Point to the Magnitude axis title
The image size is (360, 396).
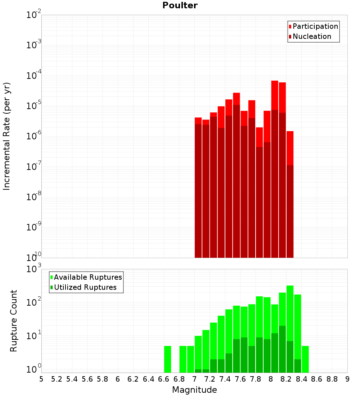click(194, 390)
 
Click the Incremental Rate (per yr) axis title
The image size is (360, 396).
click(7, 136)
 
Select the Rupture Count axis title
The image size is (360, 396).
click(14, 320)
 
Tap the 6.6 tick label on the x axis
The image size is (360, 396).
click(164, 379)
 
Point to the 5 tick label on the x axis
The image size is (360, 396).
click(41, 379)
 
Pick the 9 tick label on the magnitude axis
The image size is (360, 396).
click(347, 379)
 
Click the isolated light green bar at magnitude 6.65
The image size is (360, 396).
click(167, 359)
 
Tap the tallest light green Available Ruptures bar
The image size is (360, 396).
click(290, 310)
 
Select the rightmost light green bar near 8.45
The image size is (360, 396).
click(305, 359)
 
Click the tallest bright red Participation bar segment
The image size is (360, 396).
click(275, 95)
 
